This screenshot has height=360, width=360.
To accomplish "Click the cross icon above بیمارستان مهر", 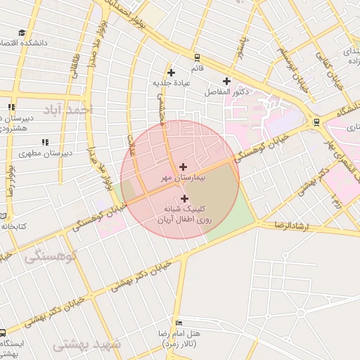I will [184, 167].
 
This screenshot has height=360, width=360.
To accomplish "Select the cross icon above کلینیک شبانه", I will [184, 198].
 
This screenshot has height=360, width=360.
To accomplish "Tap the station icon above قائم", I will [196, 58].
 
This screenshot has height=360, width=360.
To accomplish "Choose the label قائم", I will [197, 69].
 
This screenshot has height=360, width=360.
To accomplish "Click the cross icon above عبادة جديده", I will [171, 72].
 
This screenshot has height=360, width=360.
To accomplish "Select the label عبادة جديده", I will [171, 83].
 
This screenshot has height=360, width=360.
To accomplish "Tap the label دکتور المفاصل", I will [226, 92].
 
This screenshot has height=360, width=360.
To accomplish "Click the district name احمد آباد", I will [67, 110].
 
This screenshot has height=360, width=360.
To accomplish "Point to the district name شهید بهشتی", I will [88, 345].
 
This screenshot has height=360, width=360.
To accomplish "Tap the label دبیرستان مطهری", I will [44, 153].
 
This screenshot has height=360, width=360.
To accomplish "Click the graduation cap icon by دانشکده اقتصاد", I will [22, 32].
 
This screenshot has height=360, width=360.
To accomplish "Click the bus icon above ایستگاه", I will [3, 333].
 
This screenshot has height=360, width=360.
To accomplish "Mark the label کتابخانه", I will [13, 226].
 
